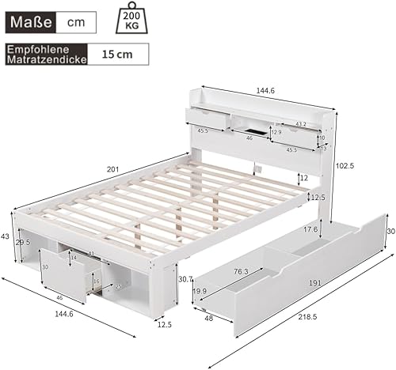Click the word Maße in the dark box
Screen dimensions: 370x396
click(x=29, y=21)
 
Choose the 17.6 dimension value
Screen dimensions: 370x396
click(x=311, y=230)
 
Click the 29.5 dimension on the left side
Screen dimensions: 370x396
click(x=24, y=245)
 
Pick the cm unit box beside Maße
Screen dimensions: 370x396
click(x=77, y=21)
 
